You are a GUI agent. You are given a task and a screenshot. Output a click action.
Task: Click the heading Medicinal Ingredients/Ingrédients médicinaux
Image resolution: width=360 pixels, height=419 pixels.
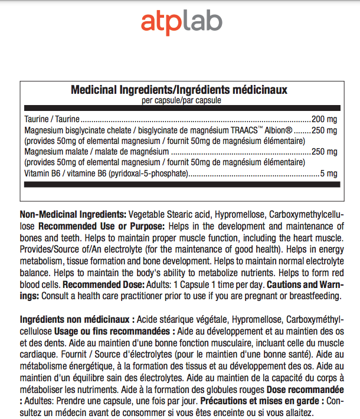(x=179, y=90)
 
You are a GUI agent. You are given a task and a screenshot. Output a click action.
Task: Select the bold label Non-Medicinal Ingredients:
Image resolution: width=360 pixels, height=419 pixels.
(x=73, y=213)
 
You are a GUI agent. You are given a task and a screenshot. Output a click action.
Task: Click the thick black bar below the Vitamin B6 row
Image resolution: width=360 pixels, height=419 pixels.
(x=181, y=184)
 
